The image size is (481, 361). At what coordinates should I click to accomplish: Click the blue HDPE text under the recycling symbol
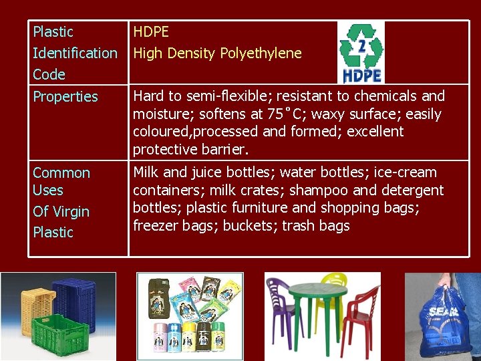point(361,74)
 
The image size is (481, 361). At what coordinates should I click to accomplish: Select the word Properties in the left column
point(65,97)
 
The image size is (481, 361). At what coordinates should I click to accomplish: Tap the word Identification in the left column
point(75,53)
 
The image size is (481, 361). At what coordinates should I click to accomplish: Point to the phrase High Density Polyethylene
point(217,53)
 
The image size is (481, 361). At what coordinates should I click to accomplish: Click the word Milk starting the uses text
point(147,172)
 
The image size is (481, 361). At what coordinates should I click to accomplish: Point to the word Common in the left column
point(61,173)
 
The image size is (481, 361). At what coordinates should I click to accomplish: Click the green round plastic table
point(322,304)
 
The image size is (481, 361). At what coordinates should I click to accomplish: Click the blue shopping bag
point(444,321)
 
